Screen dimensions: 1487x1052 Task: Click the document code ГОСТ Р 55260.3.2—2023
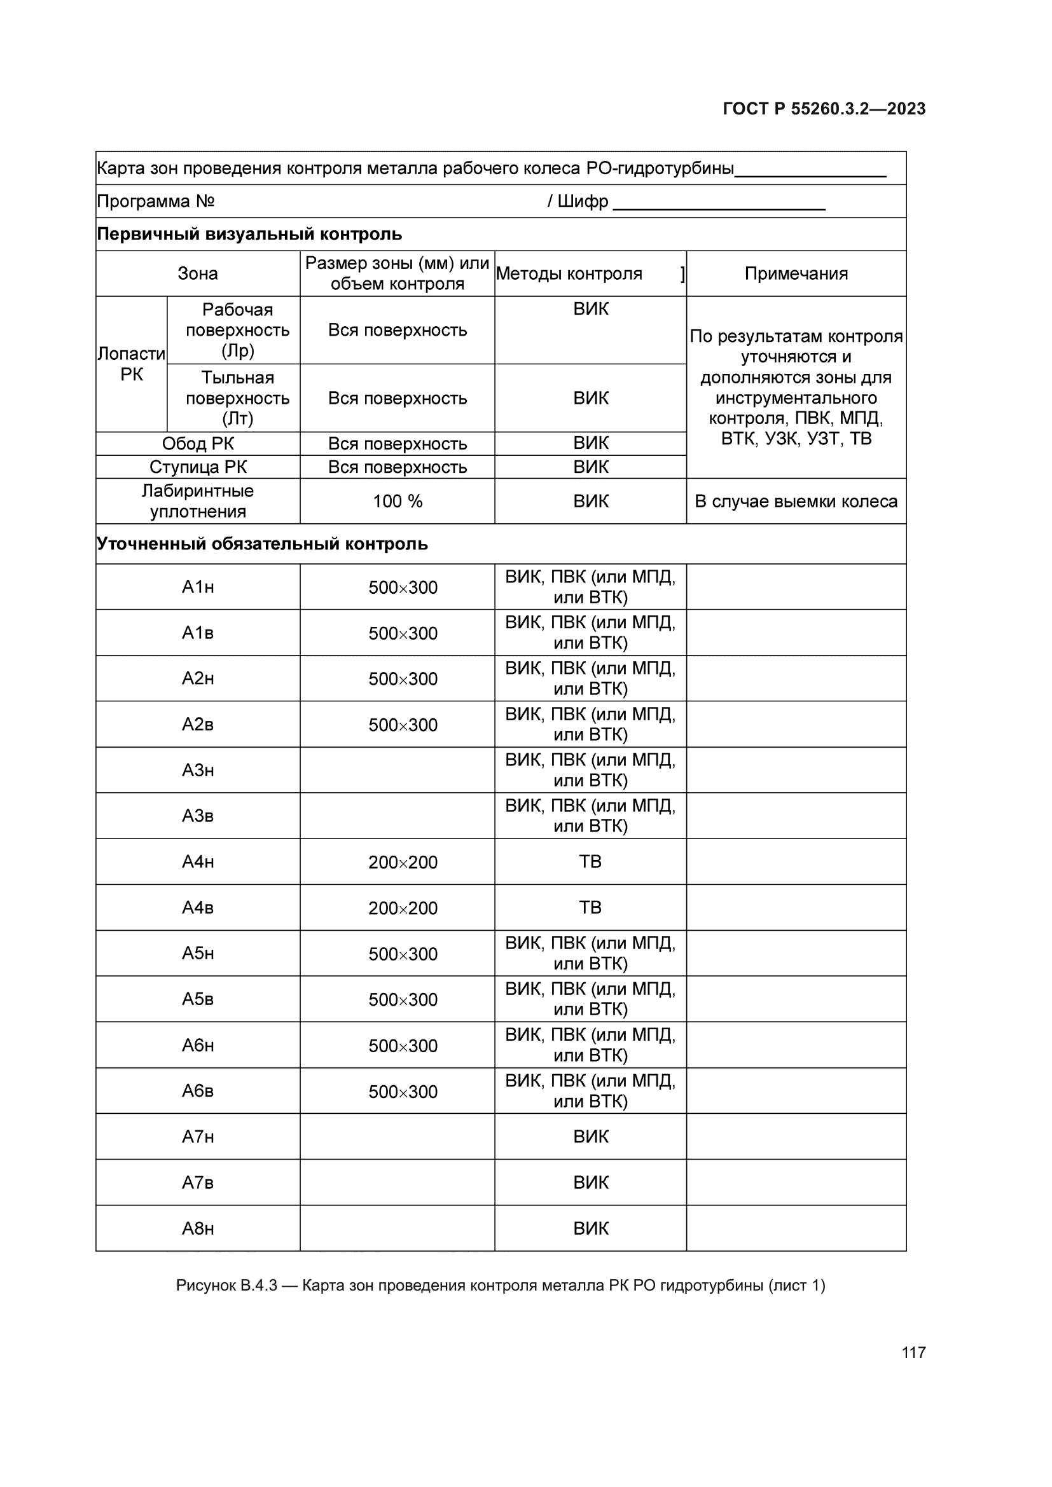(x=823, y=109)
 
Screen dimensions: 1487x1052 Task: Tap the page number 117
(x=913, y=1352)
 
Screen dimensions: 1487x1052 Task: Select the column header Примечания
(x=796, y=273)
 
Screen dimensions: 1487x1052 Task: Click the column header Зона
(x=198, y=273)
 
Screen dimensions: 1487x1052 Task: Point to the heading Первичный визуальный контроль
(x=249, y=234)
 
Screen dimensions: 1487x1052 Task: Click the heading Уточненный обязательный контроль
(x=262, y=544)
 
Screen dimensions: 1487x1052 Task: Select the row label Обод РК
(x=198, y=444)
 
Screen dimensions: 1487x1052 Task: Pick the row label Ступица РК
(x=198, y=467)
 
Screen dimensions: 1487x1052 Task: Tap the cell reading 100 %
(x=397, y=501)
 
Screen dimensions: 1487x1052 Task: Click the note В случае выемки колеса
(x=796, y=501)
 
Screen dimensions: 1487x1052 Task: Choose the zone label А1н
(x=198, y=587)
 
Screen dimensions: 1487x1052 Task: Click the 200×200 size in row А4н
(x=403, y=862)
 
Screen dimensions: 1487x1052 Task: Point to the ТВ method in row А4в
(x=590, y=907)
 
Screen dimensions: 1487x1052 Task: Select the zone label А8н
(x=198, y=1229)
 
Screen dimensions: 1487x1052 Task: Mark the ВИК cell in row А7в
(x=590, y=1182)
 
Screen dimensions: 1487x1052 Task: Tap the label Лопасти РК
(x=132, y=364)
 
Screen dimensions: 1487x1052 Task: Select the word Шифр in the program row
(x=583, y=202)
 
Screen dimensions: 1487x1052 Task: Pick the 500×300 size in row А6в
(x=403, y=1092)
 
